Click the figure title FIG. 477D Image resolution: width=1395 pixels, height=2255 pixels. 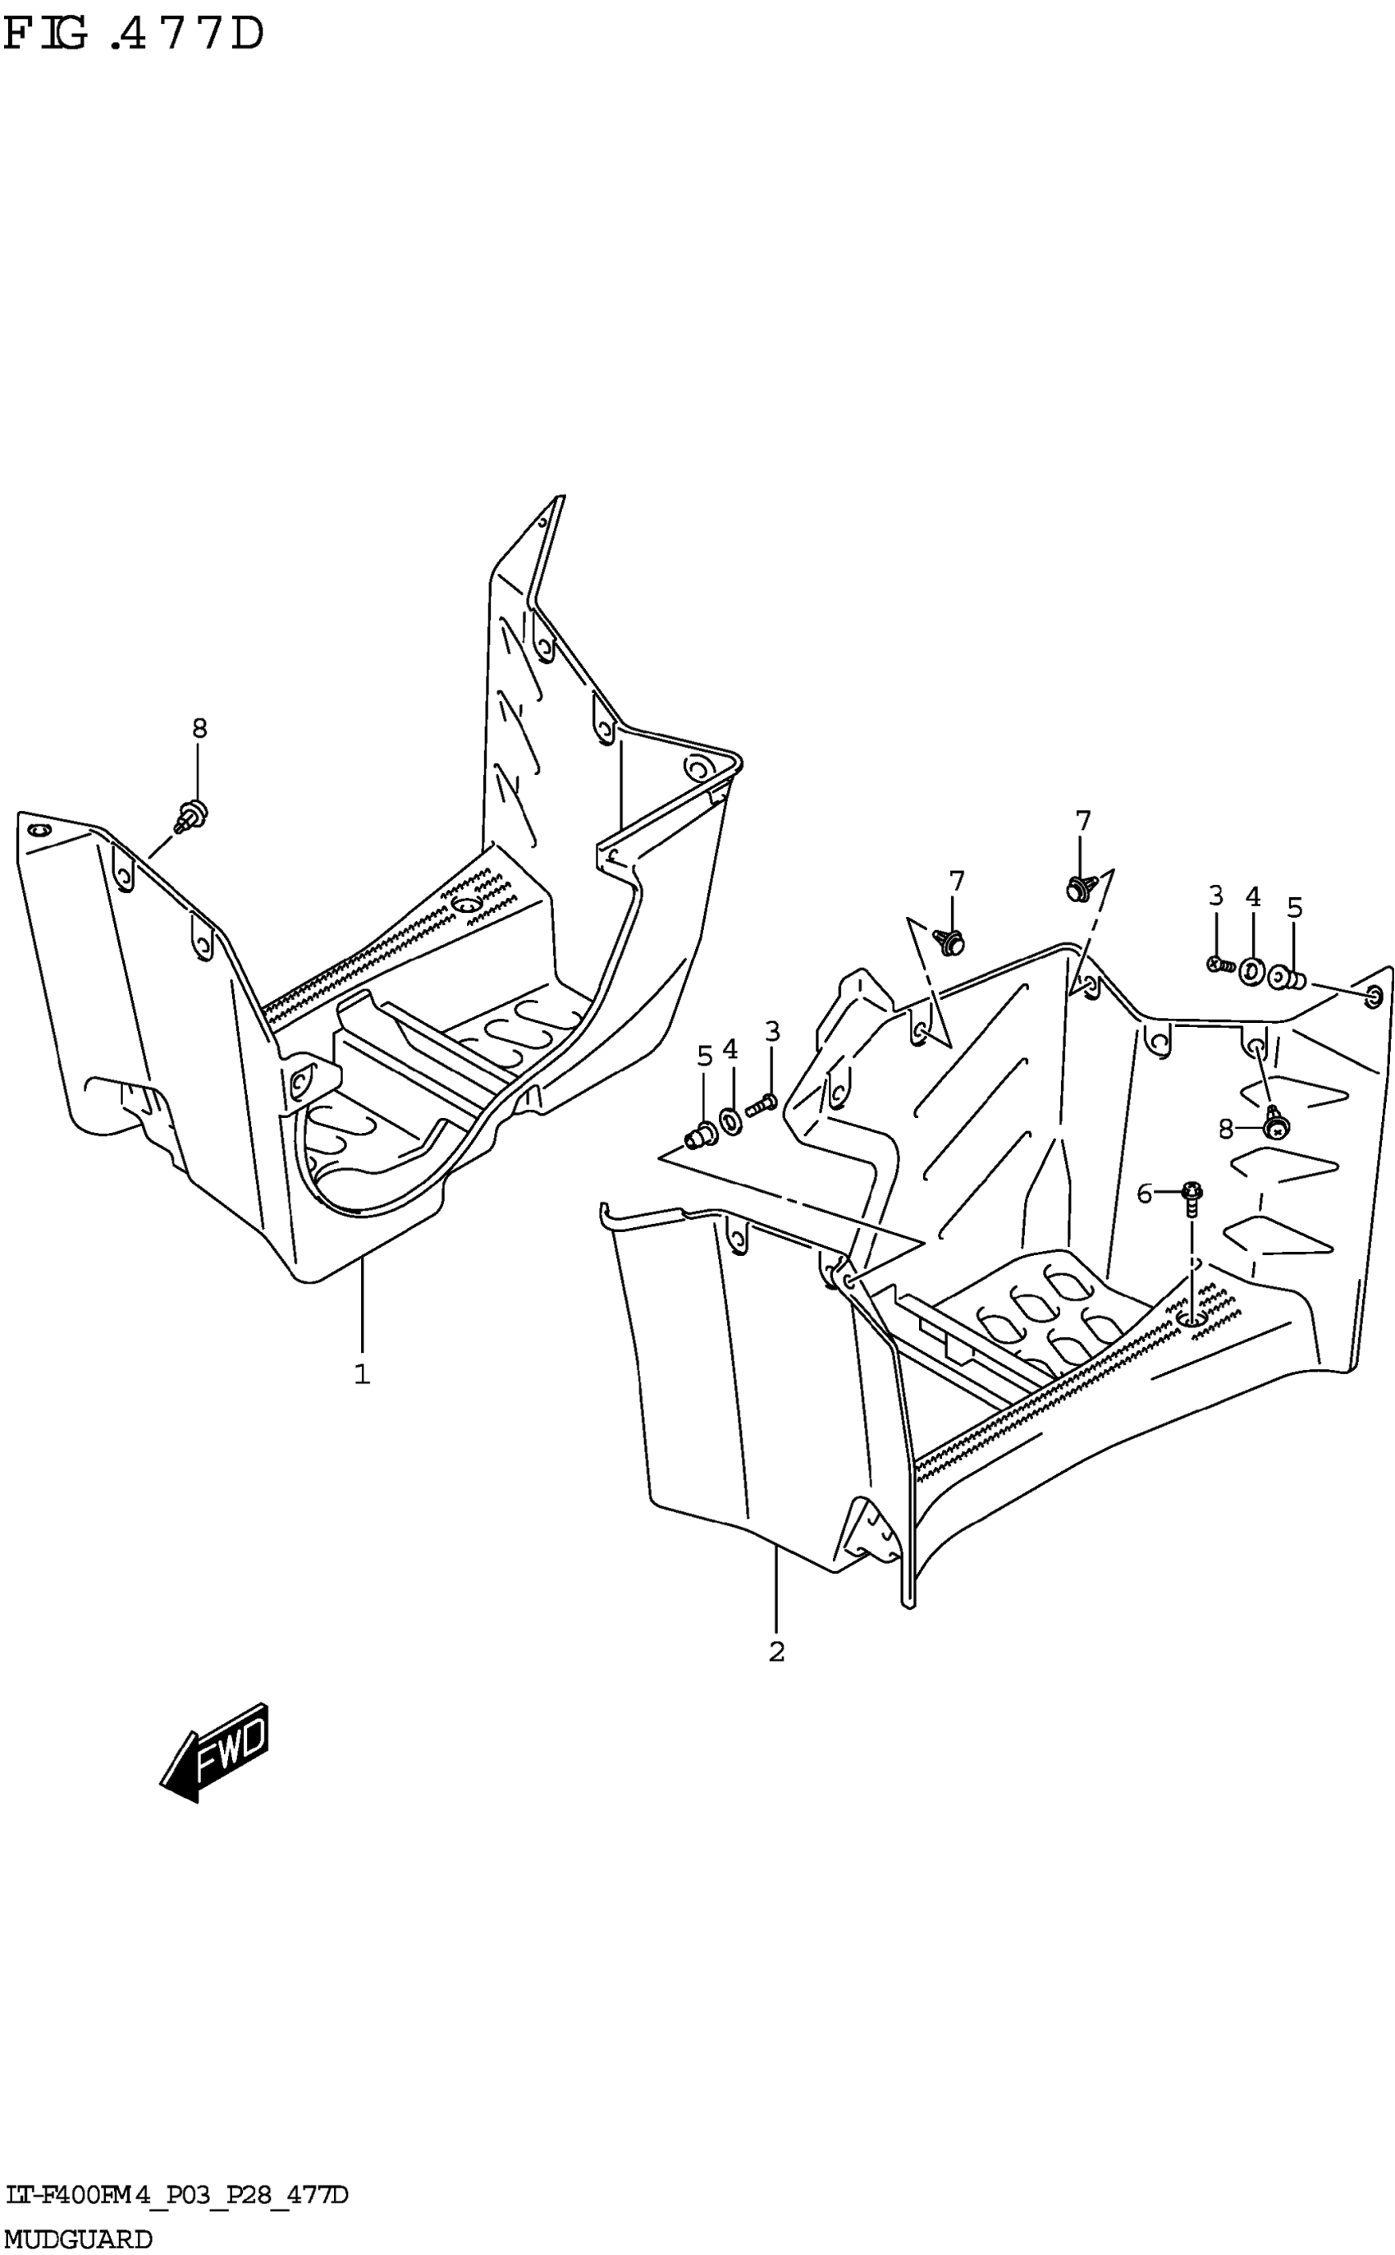[134, 37]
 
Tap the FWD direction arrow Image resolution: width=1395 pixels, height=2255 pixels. [215, 1750]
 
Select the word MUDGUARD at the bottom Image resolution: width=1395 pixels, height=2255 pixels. [79, 2238]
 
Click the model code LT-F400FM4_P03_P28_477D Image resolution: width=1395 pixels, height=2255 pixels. [176, 2195]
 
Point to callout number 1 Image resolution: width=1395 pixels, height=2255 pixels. [362, 1375]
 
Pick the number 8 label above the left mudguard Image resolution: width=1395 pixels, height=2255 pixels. [199, 729]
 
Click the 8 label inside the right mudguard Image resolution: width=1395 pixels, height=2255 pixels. [1225, 1130]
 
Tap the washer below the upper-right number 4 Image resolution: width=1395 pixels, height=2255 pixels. [1252, 972]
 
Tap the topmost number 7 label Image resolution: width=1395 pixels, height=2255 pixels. [1083, 820]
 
